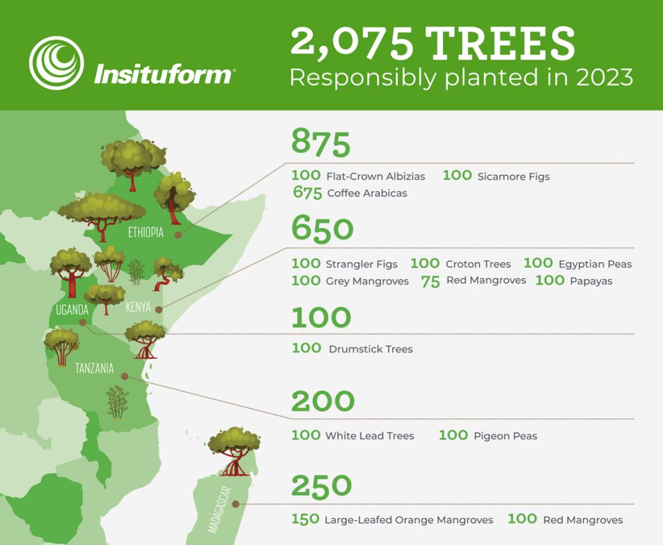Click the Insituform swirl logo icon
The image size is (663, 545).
point(56,63)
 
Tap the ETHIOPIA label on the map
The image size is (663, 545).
point(146,232)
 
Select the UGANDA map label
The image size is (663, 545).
point(72,310)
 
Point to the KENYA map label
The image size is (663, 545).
point(138,307)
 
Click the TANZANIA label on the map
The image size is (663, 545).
point(94,368)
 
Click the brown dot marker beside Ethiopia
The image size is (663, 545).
point(178,235)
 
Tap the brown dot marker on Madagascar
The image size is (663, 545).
point(235,504)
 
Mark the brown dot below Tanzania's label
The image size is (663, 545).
point(124,376)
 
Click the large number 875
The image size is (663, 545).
point(321,143)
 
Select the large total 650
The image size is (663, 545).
point(322,229)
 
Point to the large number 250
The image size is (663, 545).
point(321,486)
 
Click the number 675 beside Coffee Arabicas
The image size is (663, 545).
point(307,193)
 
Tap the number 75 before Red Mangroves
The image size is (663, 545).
point(430,281)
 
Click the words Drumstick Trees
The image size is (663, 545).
point(371,349)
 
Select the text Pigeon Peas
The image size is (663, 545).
point(506,436)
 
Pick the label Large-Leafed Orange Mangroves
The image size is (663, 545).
point(409,520)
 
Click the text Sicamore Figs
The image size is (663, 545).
point(514,177)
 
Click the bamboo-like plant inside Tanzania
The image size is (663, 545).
point(117,402)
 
